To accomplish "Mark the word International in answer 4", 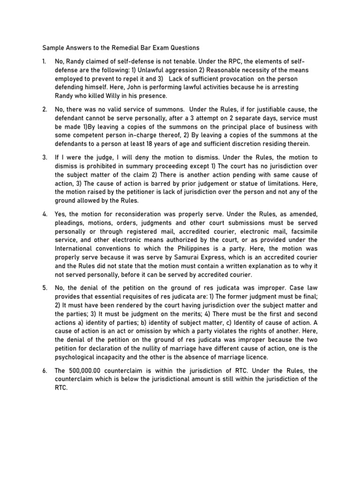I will point(76,249).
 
